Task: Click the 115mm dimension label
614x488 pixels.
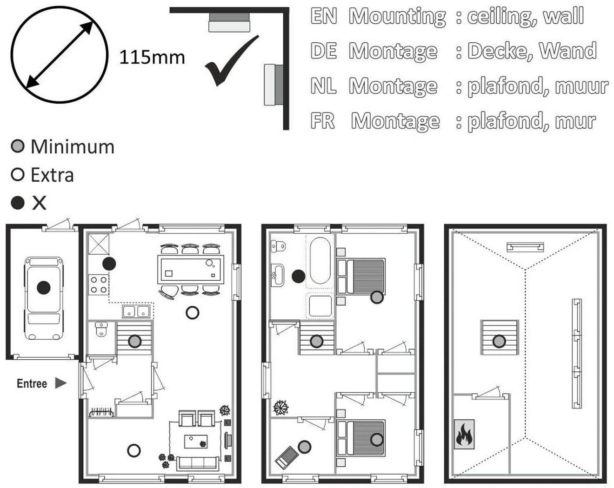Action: [152, 57]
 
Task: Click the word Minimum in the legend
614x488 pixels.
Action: [73, 147]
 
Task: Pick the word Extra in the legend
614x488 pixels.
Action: [52, 175]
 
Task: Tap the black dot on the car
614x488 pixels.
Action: [44, 287]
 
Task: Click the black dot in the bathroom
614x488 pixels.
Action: [299, 276]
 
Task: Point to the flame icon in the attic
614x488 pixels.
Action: [464, 434]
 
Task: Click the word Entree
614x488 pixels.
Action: [32, 383]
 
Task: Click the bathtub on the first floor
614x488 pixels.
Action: [320, 261]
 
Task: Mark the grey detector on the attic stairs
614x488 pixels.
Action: [499, 341]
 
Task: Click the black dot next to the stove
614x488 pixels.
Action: [109, 264]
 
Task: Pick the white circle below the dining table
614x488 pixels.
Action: [192, 313]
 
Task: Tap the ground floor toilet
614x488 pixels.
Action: [101, 329]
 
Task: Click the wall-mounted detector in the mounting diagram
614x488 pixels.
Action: [274, 85]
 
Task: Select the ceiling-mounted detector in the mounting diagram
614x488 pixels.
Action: [229, 22]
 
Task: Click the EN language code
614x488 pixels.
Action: [324, 16]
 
